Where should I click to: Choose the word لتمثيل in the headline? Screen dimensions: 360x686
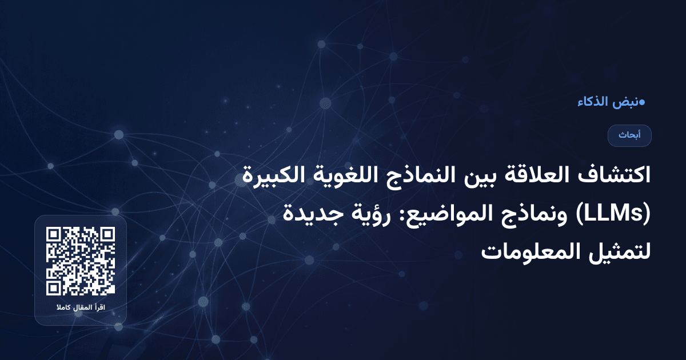621,251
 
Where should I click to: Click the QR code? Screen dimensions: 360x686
81,261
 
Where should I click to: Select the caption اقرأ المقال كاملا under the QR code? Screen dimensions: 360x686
81,309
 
